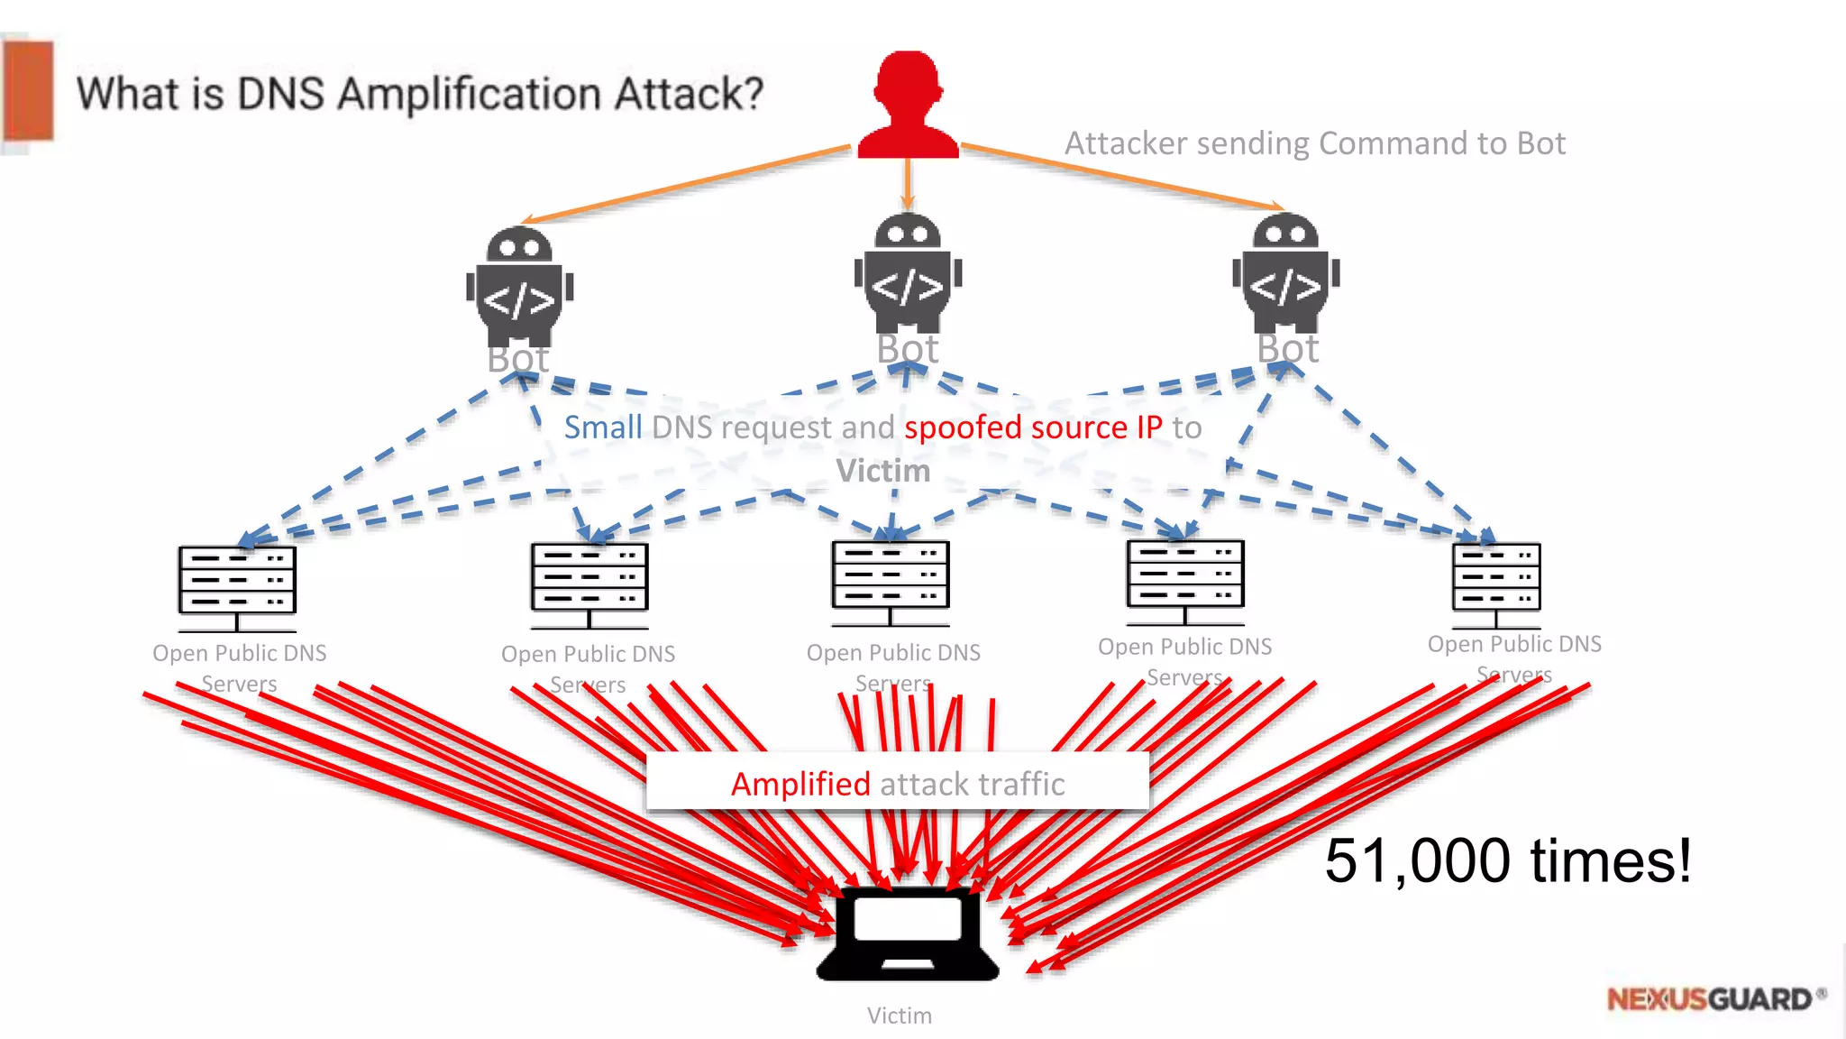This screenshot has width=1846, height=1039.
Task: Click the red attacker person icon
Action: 908,106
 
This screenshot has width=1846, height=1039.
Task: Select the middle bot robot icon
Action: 908,273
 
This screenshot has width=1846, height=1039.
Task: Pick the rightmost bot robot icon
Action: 1286,273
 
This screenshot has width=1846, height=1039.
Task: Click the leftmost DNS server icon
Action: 237,587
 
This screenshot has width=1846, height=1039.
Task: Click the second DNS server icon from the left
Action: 589,584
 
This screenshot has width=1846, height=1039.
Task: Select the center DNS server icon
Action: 891,582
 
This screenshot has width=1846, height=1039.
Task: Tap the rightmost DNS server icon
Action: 1496,584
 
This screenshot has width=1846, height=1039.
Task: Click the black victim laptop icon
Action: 908,933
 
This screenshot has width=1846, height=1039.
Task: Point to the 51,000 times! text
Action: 1507,860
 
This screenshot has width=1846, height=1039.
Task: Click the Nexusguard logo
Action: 1713,999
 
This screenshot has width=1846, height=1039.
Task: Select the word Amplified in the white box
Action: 800,784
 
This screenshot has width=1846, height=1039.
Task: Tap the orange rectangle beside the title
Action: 29,91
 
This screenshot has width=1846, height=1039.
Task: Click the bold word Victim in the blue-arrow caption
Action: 882,471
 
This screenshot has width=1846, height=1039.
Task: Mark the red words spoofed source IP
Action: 1033,427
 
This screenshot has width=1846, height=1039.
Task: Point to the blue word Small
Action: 603,427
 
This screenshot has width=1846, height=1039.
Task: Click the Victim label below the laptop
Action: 899,1016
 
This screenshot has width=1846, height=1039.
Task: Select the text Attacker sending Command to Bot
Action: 1314,143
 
